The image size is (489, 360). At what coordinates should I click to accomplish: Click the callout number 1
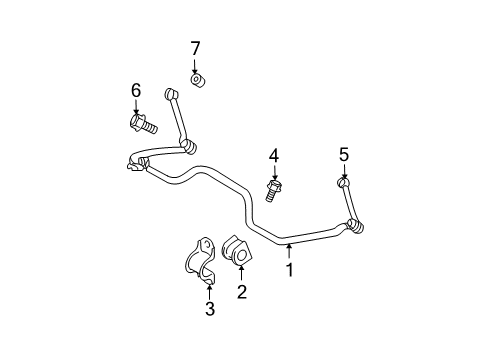[289, 269]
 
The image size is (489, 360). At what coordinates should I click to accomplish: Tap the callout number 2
[241, 292]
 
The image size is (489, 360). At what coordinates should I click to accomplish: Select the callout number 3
[210, 309]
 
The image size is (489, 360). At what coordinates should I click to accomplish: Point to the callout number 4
[272, 155]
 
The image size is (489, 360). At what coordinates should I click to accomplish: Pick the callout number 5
[344, 154]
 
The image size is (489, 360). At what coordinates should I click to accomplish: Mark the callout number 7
[196, 47]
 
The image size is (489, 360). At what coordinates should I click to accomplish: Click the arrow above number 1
[289, 251]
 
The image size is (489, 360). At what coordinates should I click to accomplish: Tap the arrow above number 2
[241, 276]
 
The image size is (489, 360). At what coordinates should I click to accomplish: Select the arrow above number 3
[209, 291]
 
